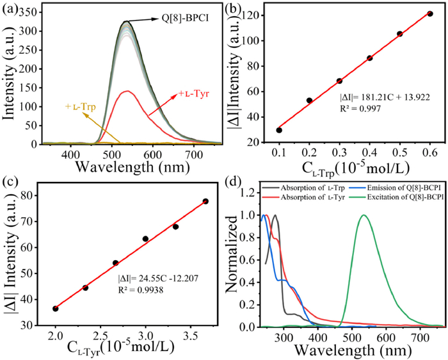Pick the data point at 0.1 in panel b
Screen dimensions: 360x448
279,130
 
